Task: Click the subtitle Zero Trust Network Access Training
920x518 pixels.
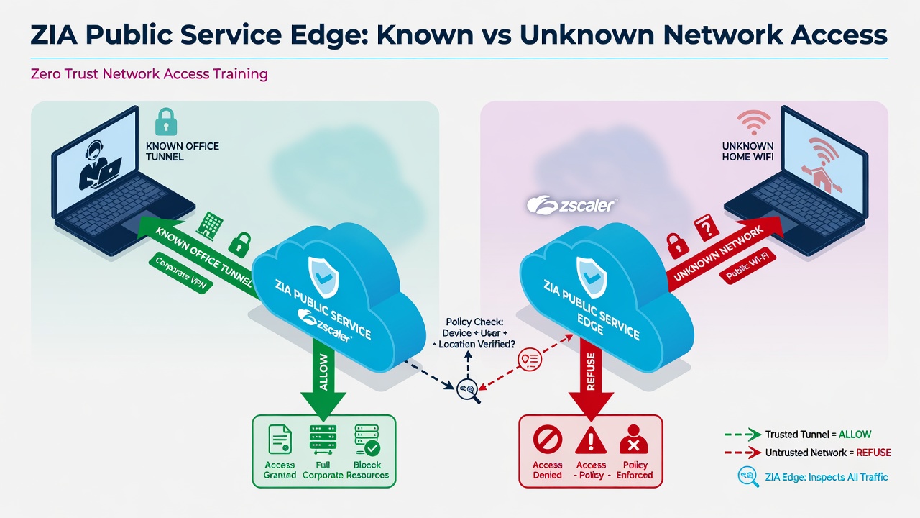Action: tap(149, 74)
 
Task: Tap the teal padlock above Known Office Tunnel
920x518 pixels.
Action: tap(166, 122)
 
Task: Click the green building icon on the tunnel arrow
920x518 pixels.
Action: tap(210, 224)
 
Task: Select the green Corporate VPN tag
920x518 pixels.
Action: tap(180, 273)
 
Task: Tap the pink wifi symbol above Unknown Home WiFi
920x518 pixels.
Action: tap(754, 122)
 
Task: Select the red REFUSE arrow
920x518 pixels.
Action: tap(591, 381)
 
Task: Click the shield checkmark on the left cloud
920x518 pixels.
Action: tap(323, 277)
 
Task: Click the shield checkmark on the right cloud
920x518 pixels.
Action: tap(592, 277)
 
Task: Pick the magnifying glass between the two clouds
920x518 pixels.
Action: tap(469, 391)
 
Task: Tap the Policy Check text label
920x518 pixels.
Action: tap(474, 333)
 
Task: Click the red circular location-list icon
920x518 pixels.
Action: tap(530, 359)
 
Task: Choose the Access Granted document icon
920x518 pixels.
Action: tap(280, 440)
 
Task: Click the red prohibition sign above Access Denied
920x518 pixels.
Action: tap(548, 439)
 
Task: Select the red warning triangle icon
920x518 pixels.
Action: tap(591, 440)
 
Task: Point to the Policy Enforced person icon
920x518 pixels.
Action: tap(634, 439)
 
